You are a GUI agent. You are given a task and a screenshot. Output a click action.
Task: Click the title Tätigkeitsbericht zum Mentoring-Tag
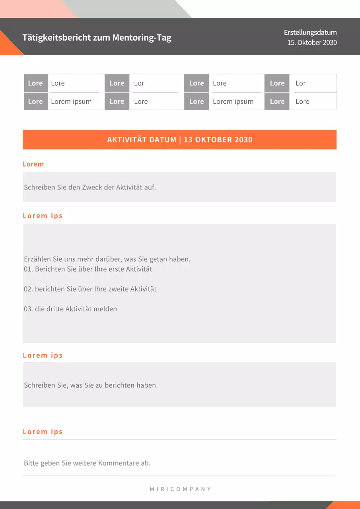point(97,38)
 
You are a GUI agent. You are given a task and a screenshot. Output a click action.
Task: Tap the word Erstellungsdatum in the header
point(310,33)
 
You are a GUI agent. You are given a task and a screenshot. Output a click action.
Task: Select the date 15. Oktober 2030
point(312,43)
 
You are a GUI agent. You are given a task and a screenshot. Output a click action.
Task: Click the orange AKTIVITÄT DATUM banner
point(179,140)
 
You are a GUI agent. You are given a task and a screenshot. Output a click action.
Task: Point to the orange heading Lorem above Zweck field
point(33,164)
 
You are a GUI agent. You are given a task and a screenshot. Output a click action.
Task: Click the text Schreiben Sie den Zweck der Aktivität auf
point(90,187)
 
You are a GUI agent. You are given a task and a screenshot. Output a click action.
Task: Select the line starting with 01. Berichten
point(88,269)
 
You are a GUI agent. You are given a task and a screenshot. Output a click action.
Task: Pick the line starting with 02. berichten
point(90,289)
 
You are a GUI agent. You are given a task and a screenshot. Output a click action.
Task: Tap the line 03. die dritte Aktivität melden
point(70,309)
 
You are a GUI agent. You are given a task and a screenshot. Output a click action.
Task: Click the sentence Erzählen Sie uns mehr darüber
point(107,259)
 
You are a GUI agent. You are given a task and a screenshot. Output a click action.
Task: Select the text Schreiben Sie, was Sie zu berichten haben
point(91,385)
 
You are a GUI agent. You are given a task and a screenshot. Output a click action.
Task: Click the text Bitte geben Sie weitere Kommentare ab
point(87,463)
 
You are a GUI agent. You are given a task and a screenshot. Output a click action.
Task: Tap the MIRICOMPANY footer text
point(180,489)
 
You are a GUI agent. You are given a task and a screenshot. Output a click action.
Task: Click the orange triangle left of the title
point(8,45)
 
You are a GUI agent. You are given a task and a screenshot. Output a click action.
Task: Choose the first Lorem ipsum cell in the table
point(71,101)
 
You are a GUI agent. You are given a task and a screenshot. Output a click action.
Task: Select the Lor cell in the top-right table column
point(300,83)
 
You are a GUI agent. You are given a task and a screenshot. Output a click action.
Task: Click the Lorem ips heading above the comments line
point(43,432)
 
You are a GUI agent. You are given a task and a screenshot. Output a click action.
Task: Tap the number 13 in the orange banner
point(188,140)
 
